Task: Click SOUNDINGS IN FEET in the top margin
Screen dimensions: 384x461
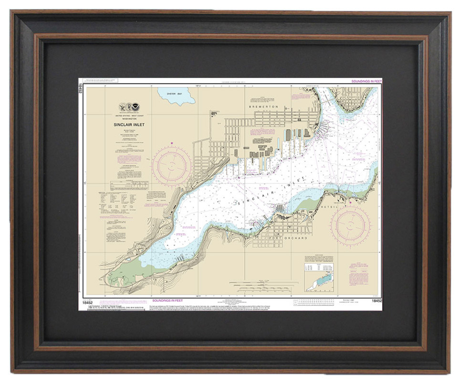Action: pyautogui.click(x=366, y=82)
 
